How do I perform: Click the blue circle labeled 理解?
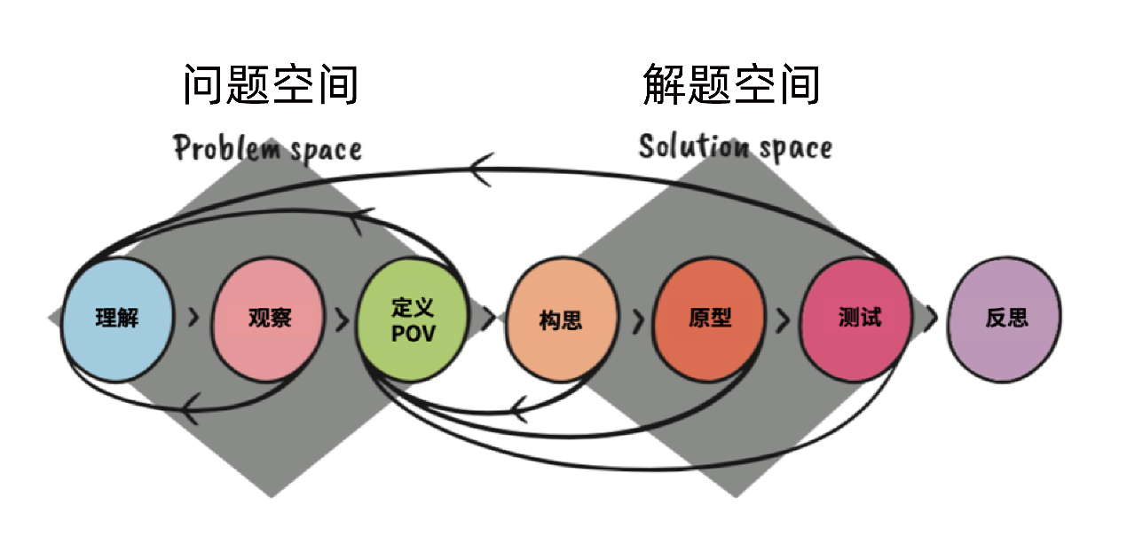[x=118, y=318]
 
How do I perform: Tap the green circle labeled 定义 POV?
[x=411, y=318]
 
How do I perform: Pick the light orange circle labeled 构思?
[x=561, y=318]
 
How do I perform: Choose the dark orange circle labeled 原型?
[x=709, y=318]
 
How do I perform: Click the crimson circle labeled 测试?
[x=857, y=318]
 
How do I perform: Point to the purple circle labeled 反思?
[x=1005, y=318]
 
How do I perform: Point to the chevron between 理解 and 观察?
[x=193, y=319]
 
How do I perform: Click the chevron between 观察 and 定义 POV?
[x=342, y=319]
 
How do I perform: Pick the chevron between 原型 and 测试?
[x=783, y=319]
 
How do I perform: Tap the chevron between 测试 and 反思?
[x=931, y=319]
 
